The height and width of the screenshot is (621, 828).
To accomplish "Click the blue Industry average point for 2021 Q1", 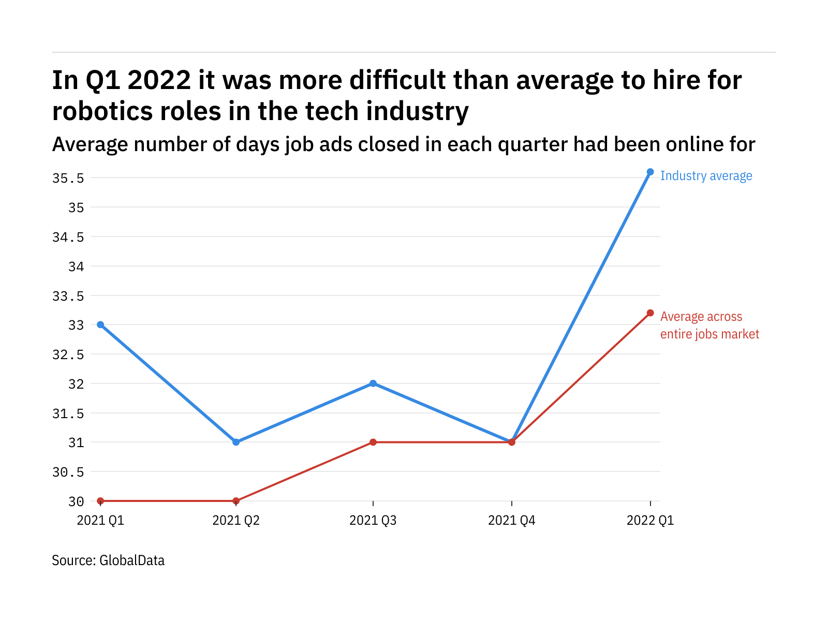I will click(x=100, y=324).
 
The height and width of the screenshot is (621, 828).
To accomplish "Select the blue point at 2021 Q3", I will click(x=373, y=383).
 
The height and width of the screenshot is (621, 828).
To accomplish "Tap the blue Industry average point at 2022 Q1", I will click(x=650, y=172).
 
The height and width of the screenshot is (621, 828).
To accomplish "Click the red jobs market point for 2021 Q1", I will click(x=100, y=501).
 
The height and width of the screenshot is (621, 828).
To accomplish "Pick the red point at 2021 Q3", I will click(x=373, y=442).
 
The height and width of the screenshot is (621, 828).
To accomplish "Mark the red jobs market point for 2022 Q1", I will click(x=650, y=313).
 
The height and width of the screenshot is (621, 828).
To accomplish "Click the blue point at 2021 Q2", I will click(x=236, y=442).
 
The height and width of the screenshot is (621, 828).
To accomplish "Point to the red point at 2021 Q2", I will click(x=236, y=501).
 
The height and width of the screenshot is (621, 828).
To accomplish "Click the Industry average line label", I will click(x=706, y=176).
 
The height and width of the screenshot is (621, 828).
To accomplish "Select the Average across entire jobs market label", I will click(x=709, y=326).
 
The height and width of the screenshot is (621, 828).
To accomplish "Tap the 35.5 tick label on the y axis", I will click(x=68, y=179).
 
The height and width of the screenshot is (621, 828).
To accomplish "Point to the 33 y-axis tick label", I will click(x=76, y=326).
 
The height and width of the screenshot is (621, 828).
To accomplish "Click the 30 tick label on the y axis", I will click(x=76, y=501).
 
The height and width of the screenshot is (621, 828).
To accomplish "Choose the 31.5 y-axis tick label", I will click(x=68, y=413).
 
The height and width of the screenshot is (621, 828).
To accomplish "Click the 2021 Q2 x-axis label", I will click(x=236, y=520).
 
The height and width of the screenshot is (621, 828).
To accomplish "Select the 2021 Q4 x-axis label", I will click(x=512, y=520).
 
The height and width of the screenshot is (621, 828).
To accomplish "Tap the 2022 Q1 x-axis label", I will click(x=650, y=520).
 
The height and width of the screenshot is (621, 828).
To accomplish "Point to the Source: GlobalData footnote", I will click(x=108, y=560).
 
